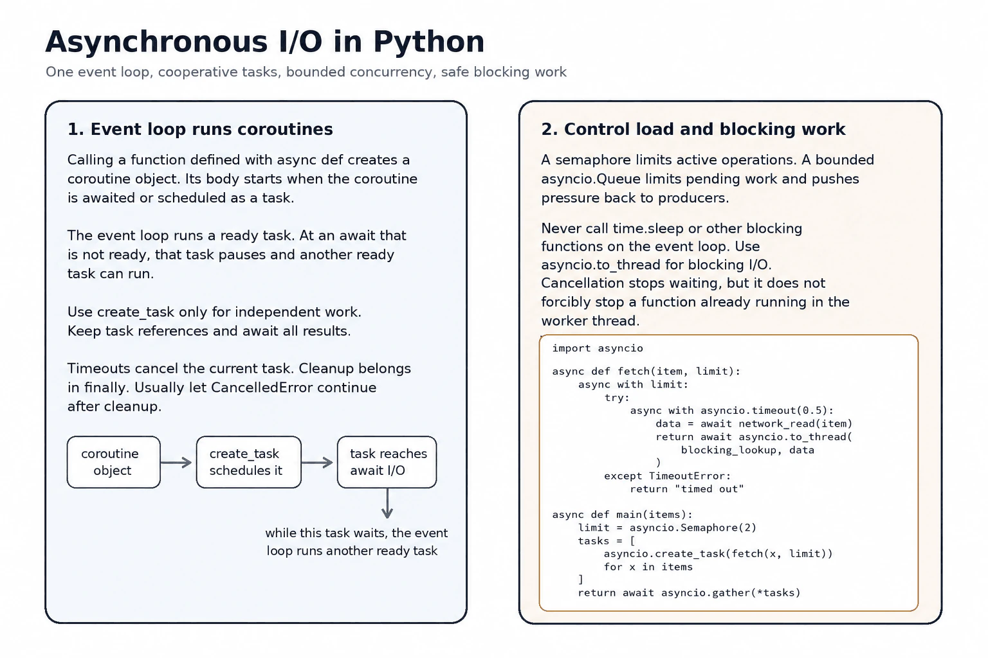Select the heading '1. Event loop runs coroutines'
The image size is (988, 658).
(x=200, y=129)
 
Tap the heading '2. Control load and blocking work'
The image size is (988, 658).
(x=693, y=129)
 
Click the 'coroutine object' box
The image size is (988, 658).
(x=114, y=462)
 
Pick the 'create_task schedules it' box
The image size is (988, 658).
(x=249, y=462)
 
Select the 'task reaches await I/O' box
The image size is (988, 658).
(x=387, y=462)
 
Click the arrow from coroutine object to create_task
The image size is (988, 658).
(x=176, y=462)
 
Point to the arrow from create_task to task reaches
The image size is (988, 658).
(x=317, y=462)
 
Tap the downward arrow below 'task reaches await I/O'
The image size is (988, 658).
(x=387, y=503)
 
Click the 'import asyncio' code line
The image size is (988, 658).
(x=598, y=348)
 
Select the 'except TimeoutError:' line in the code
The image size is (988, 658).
(x=667, y=476)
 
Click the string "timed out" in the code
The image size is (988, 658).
(x=709, y=489)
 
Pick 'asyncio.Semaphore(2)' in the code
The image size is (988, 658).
(x=693, y=528)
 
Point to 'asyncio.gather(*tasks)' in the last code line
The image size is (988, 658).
(x=731, y=592)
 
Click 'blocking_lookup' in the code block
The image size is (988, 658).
(x=729, y=450)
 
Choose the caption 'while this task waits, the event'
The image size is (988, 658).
(x=356, y=533)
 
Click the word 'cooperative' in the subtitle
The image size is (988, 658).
(x=191, y=72)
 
